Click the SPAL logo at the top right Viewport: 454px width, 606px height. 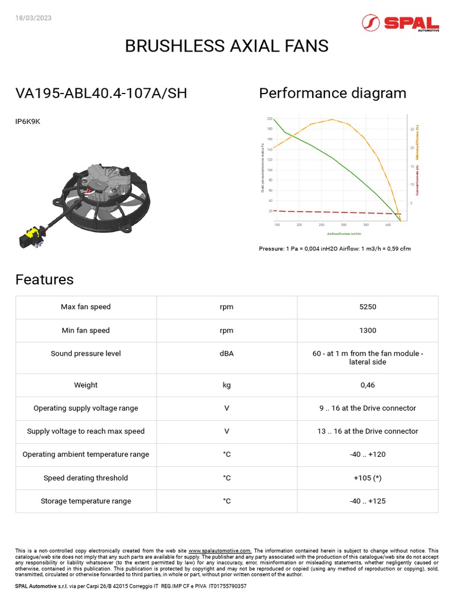point(400,23)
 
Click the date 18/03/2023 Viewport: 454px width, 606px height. point(34,18)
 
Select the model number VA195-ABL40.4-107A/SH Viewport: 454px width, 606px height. point(101,94)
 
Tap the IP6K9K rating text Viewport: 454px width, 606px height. point(28,122)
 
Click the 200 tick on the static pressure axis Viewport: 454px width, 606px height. point(270,119)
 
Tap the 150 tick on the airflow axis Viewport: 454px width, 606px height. point(277,225)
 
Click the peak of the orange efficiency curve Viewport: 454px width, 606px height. point(333,120)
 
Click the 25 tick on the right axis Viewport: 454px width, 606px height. point(411,129)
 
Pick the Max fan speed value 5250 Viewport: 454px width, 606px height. point(368,307)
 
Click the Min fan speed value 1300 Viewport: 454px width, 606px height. point(368,330)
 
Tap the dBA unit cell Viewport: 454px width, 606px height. point(227,353)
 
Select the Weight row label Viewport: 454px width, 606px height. point(86,385)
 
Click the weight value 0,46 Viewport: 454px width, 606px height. point(368,385)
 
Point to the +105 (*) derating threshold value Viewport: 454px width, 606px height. point(368,478)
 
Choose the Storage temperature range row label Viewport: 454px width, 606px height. point(86,501)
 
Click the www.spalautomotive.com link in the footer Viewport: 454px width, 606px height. point(220,550)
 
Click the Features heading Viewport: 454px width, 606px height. point(44,279)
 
